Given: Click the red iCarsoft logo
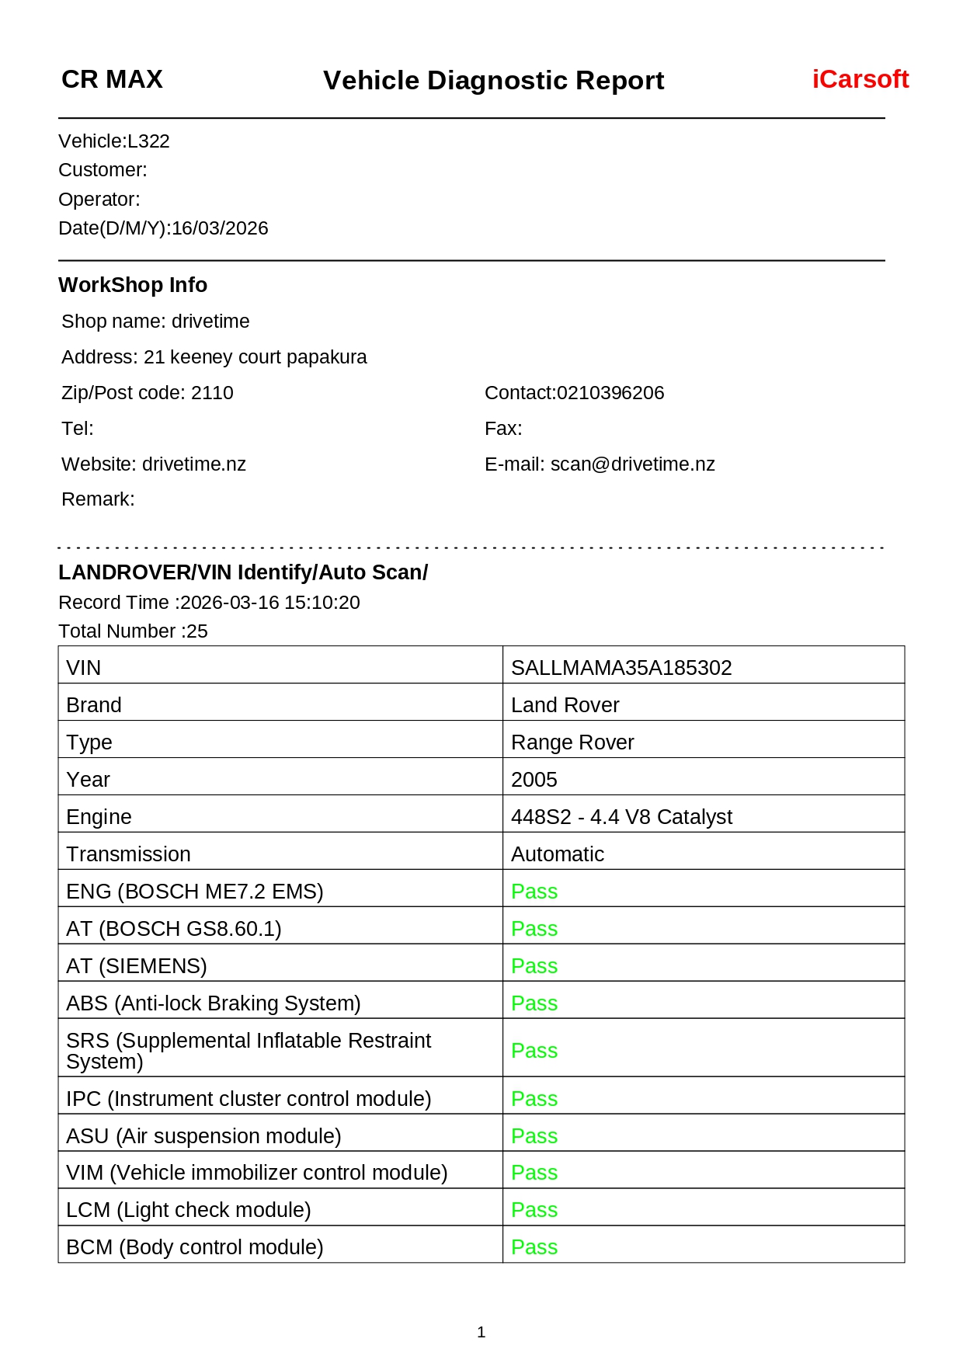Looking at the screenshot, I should pos(860,79).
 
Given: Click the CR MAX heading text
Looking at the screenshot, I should pos(112,79).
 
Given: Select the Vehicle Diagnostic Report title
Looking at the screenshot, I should pos(493,80).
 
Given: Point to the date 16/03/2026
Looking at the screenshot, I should pos(220,228).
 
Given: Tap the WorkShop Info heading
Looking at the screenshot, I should pos(133,285).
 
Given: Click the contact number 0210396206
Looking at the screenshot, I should pos(610,393).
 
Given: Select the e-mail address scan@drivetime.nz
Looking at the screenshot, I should pos(632,464).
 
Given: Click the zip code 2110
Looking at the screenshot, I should pos(212,393).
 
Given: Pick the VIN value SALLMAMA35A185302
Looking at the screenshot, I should pos(621,668).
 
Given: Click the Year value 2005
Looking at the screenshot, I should pos(534,780).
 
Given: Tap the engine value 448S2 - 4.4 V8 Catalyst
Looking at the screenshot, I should pos(621,817).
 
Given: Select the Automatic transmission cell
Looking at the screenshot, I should pos(558,854).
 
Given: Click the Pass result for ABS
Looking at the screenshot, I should pos(534,1003).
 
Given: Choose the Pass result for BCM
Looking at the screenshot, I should pos(534,1247).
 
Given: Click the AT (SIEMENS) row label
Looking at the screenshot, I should pos(137,966).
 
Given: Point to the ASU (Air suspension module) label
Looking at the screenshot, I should pos(203,1136).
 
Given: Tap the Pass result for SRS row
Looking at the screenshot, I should pos(534,1051).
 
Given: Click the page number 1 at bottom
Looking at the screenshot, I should pos(481,1333).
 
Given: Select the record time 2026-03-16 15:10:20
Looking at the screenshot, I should pos(269,603).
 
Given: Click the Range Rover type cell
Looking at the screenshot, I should pos(572,742).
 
